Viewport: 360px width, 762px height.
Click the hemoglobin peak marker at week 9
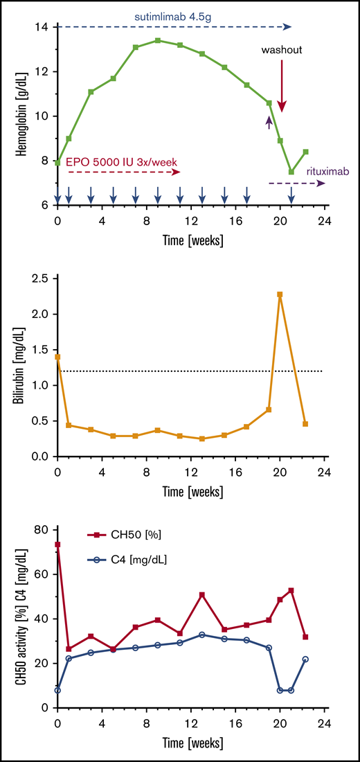158,40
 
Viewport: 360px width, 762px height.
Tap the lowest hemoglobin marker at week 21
291,172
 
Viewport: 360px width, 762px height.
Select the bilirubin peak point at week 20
280,294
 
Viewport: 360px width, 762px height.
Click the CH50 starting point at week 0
57,544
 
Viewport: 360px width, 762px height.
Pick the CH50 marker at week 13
202,594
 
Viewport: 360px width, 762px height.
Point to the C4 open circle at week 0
57,690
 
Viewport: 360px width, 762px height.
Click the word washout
281,50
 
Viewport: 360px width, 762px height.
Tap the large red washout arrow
282,86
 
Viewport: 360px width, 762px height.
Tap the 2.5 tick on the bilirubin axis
40,278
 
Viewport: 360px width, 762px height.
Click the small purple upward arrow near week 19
269,123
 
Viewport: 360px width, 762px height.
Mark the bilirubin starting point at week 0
57,357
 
